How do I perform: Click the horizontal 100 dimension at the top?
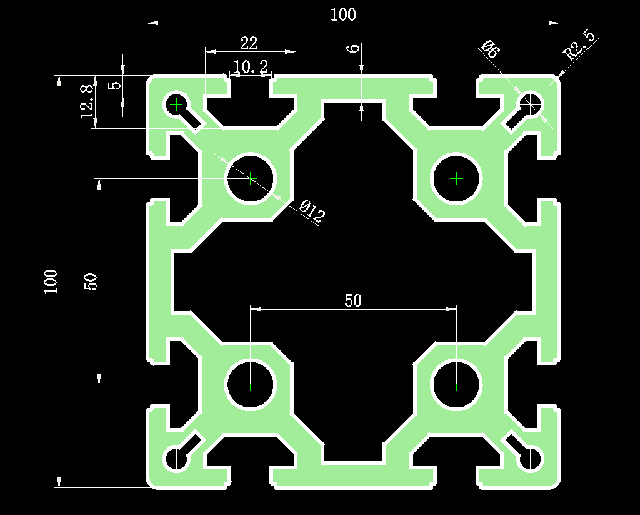(343, 14)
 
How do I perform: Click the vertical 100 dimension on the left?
(51, 282)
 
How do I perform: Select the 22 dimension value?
(249, 43)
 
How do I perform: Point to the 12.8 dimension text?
(87, 101)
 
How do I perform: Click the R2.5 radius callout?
(581, 44)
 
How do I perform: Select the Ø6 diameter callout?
(489, 49)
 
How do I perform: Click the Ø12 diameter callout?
(311, 212)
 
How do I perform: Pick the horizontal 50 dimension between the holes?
(353, 300)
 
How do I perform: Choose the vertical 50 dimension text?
(91, 282)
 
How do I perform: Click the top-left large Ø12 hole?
(251, 178)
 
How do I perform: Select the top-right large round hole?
(457, 178)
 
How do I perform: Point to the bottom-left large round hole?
(251, 385)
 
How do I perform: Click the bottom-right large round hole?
(457, 385)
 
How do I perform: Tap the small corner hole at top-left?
(177, 103)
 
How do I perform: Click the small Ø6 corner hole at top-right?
(531, 103)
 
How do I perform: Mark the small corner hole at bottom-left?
(177, 460)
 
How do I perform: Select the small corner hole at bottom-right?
(531, 460)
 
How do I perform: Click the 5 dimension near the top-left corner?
(114, 84)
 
